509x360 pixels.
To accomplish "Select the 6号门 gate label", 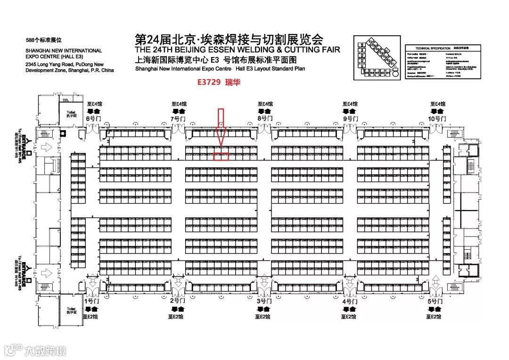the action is click(93, 119).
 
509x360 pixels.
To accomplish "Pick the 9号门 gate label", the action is click(351, 119).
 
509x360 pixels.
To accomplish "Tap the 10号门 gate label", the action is click(437, 119).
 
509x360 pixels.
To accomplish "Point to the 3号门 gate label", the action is click(263, 300).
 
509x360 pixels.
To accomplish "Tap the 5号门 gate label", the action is click(435, 300).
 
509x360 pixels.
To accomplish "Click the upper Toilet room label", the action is click(71, 114).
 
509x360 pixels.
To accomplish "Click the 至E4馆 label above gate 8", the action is click(265, 104).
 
